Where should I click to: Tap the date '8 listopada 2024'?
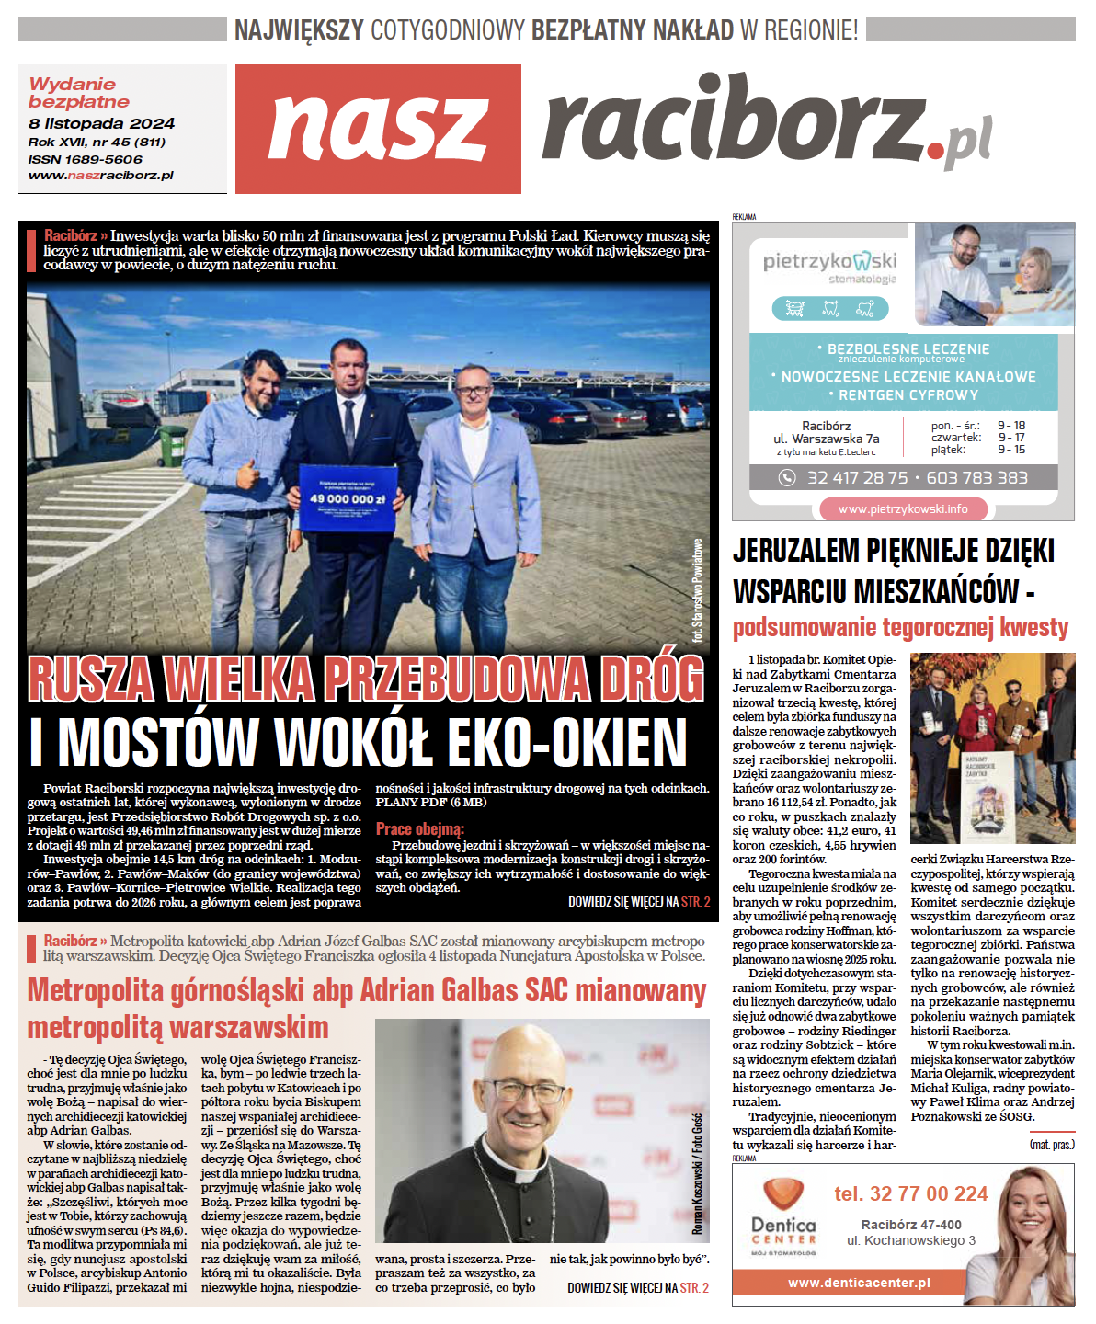(101, 123)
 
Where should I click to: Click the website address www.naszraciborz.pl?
(101, 175)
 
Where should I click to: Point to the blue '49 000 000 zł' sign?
(347, 497)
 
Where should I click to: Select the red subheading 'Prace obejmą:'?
(420, 829)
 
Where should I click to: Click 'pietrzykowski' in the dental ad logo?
(829, 262)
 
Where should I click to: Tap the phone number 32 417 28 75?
(857, 478)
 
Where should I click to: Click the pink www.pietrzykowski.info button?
(903, 508)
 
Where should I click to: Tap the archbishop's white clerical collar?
(526, 1176)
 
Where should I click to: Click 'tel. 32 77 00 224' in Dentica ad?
(910, 1194)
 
